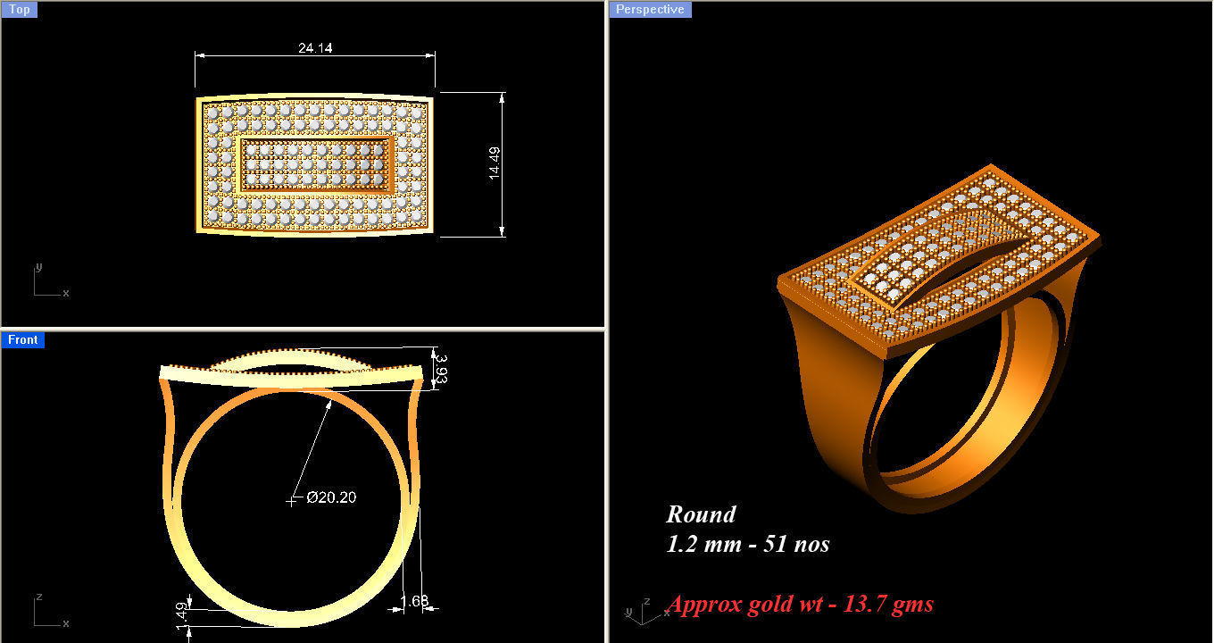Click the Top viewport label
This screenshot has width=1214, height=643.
coord(19,10)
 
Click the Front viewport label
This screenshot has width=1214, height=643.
coord(22,339)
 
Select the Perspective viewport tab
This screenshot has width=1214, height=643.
coord(651,10)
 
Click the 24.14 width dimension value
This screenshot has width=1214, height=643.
coord(315,48)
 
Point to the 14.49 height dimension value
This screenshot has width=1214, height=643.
coord(495,163)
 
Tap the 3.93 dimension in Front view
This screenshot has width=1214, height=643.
coord(440,368)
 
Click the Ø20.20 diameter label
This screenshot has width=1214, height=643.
coord(331,497)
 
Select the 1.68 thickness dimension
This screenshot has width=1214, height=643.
coord(414,600)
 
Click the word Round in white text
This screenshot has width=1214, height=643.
coord(701,514)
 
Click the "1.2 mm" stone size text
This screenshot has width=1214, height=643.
coord(702,544)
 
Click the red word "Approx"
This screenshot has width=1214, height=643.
coord(705,605)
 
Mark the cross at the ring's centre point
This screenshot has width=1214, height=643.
coord(291,501)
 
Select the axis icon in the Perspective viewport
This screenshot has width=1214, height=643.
coord(637,610)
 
